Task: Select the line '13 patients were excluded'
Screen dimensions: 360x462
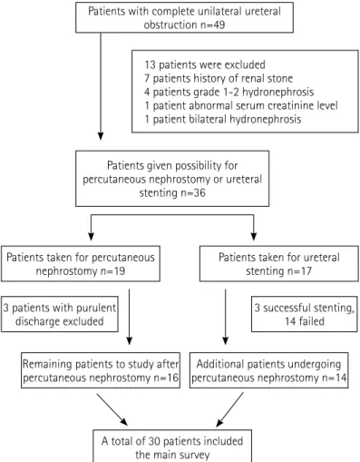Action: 205,64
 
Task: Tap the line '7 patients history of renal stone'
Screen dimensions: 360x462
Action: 219,78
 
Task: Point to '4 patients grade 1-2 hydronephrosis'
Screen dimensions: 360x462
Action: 229,92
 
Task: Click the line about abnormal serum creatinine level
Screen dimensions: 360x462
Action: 241,105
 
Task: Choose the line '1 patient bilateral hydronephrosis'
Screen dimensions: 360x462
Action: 223,119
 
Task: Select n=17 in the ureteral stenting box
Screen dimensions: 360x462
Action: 299,270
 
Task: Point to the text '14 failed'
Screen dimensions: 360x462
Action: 305,321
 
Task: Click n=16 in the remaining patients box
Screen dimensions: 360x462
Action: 166,378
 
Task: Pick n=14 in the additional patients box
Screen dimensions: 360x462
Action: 334,378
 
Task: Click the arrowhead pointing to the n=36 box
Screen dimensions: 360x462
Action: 101,136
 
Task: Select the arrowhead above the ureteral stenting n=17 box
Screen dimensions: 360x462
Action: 254,237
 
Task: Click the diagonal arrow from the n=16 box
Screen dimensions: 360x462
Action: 112,410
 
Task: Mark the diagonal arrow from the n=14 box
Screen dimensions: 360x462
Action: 229,410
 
